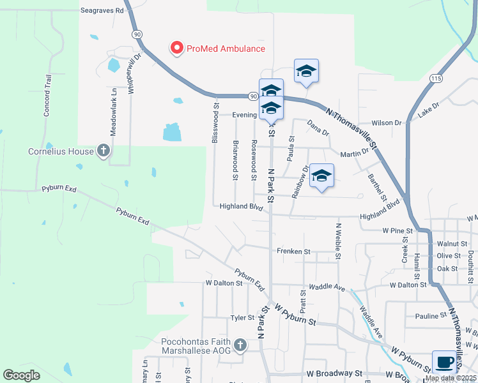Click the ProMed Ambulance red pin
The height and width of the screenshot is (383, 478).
pyautogui.click(x=176, y=48)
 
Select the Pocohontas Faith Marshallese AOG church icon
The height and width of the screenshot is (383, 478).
pyautogui.click(x=240, y=345)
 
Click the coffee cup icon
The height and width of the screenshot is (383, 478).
pyautogui.click(x=444, y=362)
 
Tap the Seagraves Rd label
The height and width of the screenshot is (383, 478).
pyautogui.click(x=102, y=11)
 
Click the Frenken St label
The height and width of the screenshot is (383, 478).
pyautogui.click(x=293, y=252)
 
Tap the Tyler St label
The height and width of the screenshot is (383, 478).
pyautogui.click(x=242, y=317)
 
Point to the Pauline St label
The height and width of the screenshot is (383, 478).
pyautogui.click(x=430, y=316)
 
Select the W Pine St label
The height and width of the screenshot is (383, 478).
pyautogui.click(x=398, y=230)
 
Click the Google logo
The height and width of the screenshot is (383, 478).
pyautogui.click(x=21, y=375)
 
